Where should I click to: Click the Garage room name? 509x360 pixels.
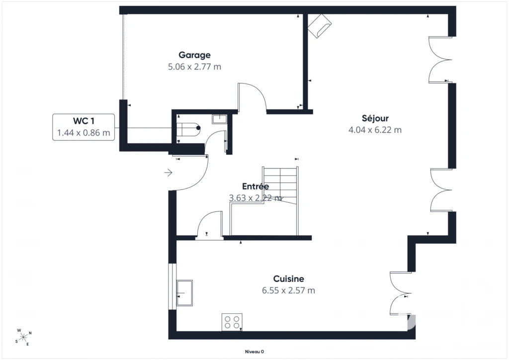tap(194, 55)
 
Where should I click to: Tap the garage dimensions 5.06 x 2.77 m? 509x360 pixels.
tap(194, 67)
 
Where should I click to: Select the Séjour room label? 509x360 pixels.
tap(375, 118)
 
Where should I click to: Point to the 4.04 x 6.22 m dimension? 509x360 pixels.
tap(375, 130)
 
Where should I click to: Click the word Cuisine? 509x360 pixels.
tap(289, 279)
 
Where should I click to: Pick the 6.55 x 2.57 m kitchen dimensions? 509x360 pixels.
tap(289, 290)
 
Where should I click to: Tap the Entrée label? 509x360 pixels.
tap(255, 186)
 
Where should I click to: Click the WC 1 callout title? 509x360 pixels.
tap(84, 121)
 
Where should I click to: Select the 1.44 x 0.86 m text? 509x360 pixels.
tap(84, 133)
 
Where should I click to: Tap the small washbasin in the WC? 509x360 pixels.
tap(220, 119)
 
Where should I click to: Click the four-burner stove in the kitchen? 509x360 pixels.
tap(232, 322)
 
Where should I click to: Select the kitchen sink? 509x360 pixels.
tap(184, 293)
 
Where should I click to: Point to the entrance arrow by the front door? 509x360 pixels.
tap(168, 173)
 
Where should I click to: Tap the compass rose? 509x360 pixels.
tap(23, 338)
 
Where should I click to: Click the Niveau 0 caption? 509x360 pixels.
tap(254, 352)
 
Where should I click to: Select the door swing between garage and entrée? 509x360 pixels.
tap(252, 97)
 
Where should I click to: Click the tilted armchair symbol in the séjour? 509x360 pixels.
tap(320, 26)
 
